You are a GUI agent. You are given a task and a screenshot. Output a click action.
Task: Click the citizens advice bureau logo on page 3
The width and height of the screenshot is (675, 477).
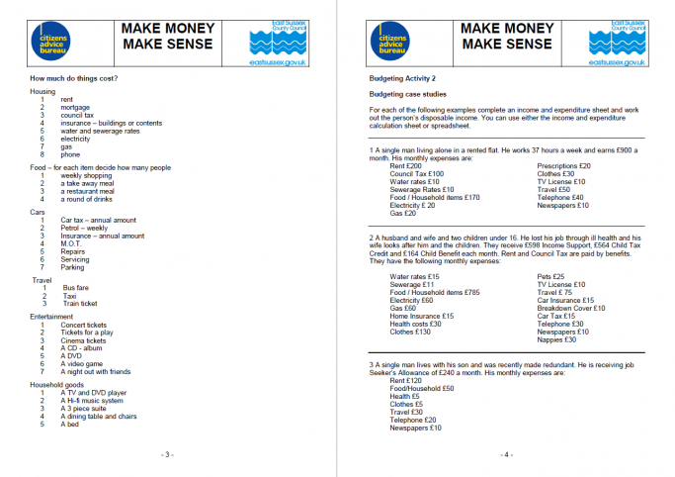pyautogui.click(x=57, y=44)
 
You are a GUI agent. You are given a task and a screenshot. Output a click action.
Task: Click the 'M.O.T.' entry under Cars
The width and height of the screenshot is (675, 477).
pyautogui.click(x=72, y=243)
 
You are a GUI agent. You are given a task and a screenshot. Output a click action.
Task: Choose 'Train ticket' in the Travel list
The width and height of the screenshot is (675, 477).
pyautogui.click(x=80, y=304)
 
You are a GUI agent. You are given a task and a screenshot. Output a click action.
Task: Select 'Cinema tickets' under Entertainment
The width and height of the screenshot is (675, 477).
pyautogui.click(x=83, y=340)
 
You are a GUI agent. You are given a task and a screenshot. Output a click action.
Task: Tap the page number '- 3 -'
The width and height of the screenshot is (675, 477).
pyautogui.click(x=167, y=454)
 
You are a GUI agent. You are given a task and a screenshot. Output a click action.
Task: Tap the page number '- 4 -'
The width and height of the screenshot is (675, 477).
pyautogui.click(x=506, y=454)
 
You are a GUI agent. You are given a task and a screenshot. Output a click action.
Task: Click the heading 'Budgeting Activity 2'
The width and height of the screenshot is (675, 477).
pyautogui.click(x=402, y=77)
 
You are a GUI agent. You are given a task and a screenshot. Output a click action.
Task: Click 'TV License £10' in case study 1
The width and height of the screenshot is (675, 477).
pyautogui.click(x=561, y=182)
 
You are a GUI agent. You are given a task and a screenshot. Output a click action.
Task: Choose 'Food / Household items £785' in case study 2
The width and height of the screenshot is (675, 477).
pyautogui.click(x=434, y=292)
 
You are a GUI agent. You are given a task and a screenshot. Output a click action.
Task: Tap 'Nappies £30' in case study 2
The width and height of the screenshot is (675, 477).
pyautogui.click(x=556, y=339)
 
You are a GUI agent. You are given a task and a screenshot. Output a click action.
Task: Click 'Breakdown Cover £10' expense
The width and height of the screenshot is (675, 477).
pyautogui.click(x=571, y=308)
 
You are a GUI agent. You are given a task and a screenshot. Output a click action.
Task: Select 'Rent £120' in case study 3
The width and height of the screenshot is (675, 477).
pyautogui.click(x=406, y=380)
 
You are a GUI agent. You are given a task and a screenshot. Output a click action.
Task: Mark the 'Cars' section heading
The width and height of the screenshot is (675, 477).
pyautogui.click(x=38, y=212)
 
